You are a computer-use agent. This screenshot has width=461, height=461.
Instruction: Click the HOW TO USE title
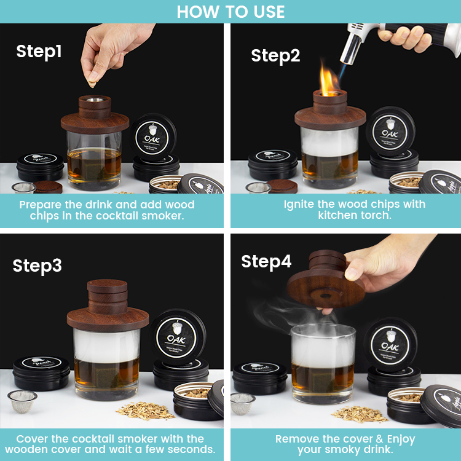click(x=230, y=11)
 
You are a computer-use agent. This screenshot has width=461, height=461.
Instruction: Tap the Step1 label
click(x=39, y=52)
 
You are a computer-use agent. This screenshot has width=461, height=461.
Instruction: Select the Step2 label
click(x=275, y=55)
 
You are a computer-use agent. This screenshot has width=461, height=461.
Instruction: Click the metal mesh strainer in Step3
click(x=22, y=401)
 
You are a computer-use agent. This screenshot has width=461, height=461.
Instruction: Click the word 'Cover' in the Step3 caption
click(x=33, y=439)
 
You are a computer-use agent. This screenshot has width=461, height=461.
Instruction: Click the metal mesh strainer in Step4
click(x=243, y=402)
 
